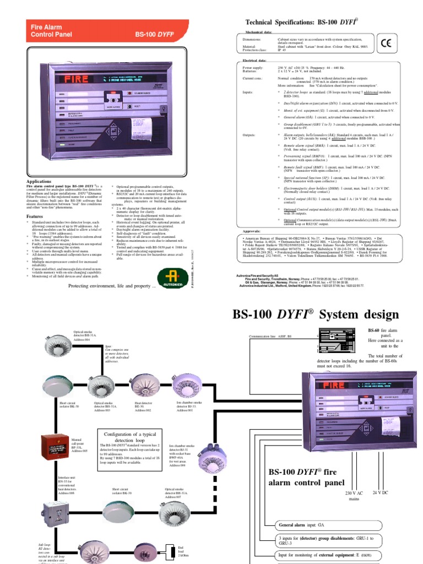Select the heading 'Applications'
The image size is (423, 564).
tap(40, 181)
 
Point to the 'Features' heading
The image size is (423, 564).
tap(36, 216)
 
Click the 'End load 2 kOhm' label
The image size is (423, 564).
tap(181, 552)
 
